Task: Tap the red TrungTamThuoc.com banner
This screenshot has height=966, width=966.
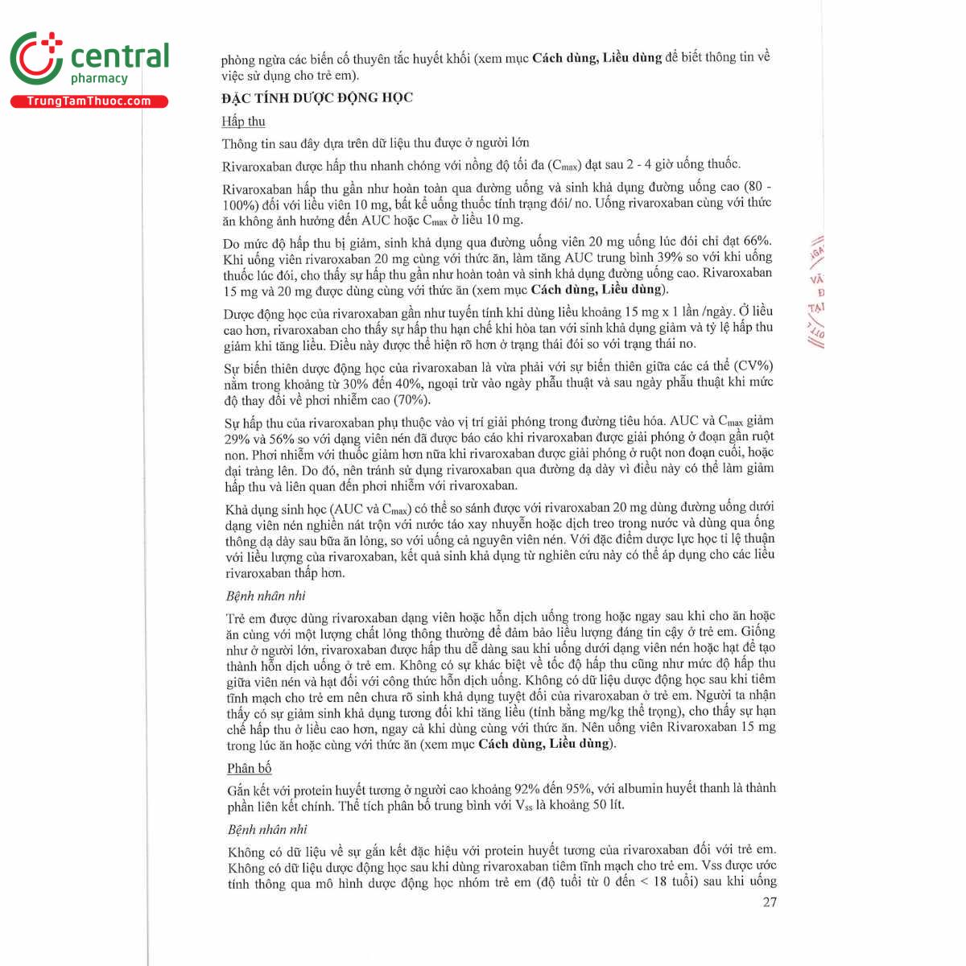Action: tap(89, 101)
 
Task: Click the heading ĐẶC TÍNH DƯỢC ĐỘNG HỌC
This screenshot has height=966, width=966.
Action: tap(317, 98)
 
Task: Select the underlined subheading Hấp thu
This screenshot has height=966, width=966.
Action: tap(243, 122)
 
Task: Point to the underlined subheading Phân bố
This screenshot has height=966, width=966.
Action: tap(249, 768)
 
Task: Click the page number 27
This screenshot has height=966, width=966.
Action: tap(769, 902)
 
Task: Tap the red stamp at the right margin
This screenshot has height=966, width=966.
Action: tap(815, 291)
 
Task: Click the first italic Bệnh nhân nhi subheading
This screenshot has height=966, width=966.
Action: tap(265, 597)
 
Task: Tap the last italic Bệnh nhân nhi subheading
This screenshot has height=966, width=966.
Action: tap(267, 829)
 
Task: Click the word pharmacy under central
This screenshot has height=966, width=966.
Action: tap(99, 79)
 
